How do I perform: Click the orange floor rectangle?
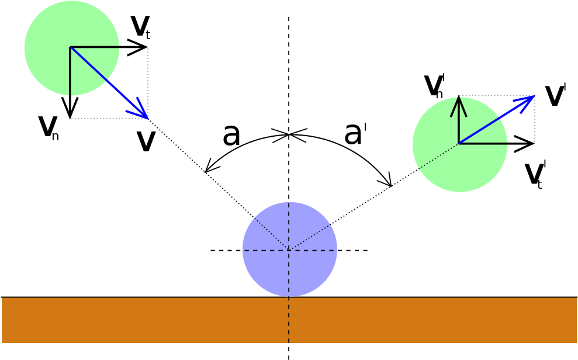coord(146,320)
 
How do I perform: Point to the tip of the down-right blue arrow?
coord(148,119)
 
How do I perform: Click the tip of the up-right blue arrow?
coord(534,95)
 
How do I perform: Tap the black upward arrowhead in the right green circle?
coord(459,101)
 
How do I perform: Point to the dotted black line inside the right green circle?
coord(438,156)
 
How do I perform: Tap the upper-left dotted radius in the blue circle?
coord(271,234)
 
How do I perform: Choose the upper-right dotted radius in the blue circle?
coord(310,237)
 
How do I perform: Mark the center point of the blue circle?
coord(289,250)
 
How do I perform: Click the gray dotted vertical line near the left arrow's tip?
coord(148,82)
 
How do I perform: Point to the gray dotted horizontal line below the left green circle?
coord(108,118)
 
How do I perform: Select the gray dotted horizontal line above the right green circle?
coord(497,95)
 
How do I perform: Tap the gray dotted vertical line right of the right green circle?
coord(534,120)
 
